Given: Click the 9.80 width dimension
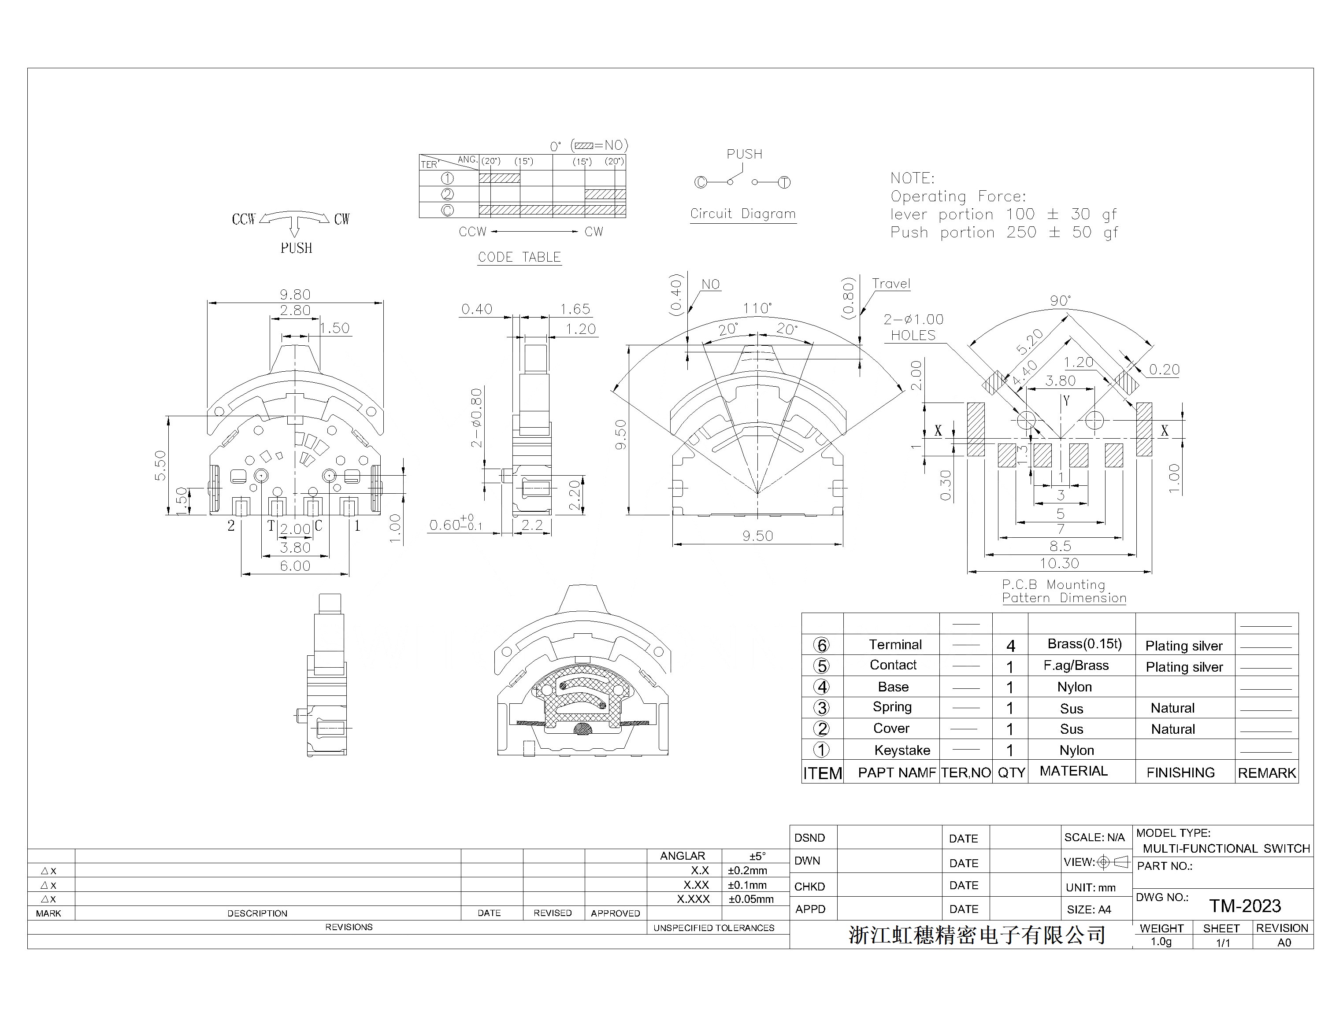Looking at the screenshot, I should (x=295, y=295).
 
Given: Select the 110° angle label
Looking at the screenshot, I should (x=757, y=308).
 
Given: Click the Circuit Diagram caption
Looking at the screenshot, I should (x=742, y=214).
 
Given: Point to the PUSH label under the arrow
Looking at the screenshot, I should (x=296, y=248).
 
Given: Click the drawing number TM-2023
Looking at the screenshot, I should (x=1245, y=906).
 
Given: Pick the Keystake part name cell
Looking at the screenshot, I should (x=902, y=750).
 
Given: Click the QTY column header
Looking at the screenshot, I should (x=1011, y=773).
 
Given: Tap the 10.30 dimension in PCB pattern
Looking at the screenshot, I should (x=1059, y=563).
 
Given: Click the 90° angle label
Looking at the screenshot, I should (x=1060, y=300).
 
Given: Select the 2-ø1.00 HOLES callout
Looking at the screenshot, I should (x=913, y=327).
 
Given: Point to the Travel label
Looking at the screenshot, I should (x=890, y=284).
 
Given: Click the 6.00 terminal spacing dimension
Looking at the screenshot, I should (x=295, y=566).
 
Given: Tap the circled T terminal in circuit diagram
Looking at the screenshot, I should (x=784, y=182).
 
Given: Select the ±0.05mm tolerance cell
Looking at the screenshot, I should (x=751, y=899).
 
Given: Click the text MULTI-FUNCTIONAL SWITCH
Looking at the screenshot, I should (x=1226, y=849).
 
